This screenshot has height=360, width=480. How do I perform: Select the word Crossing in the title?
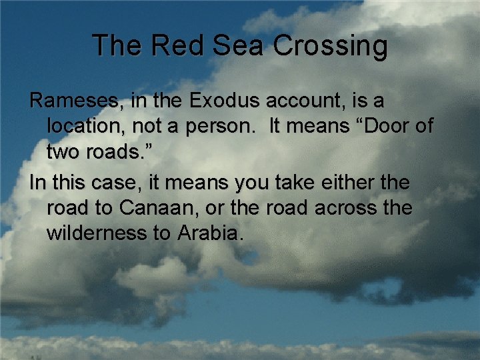pos(330,46)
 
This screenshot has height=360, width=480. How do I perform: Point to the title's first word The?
pos(117,46)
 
